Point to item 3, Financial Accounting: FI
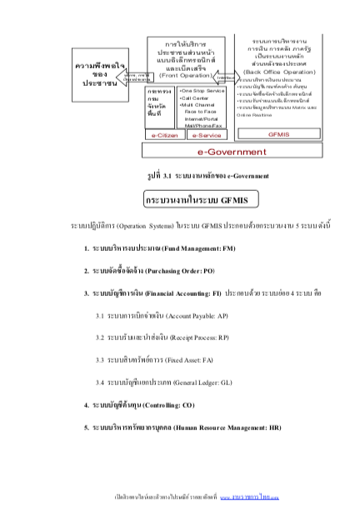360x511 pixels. coord(197,293)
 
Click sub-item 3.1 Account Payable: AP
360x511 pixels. coord(158,315)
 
